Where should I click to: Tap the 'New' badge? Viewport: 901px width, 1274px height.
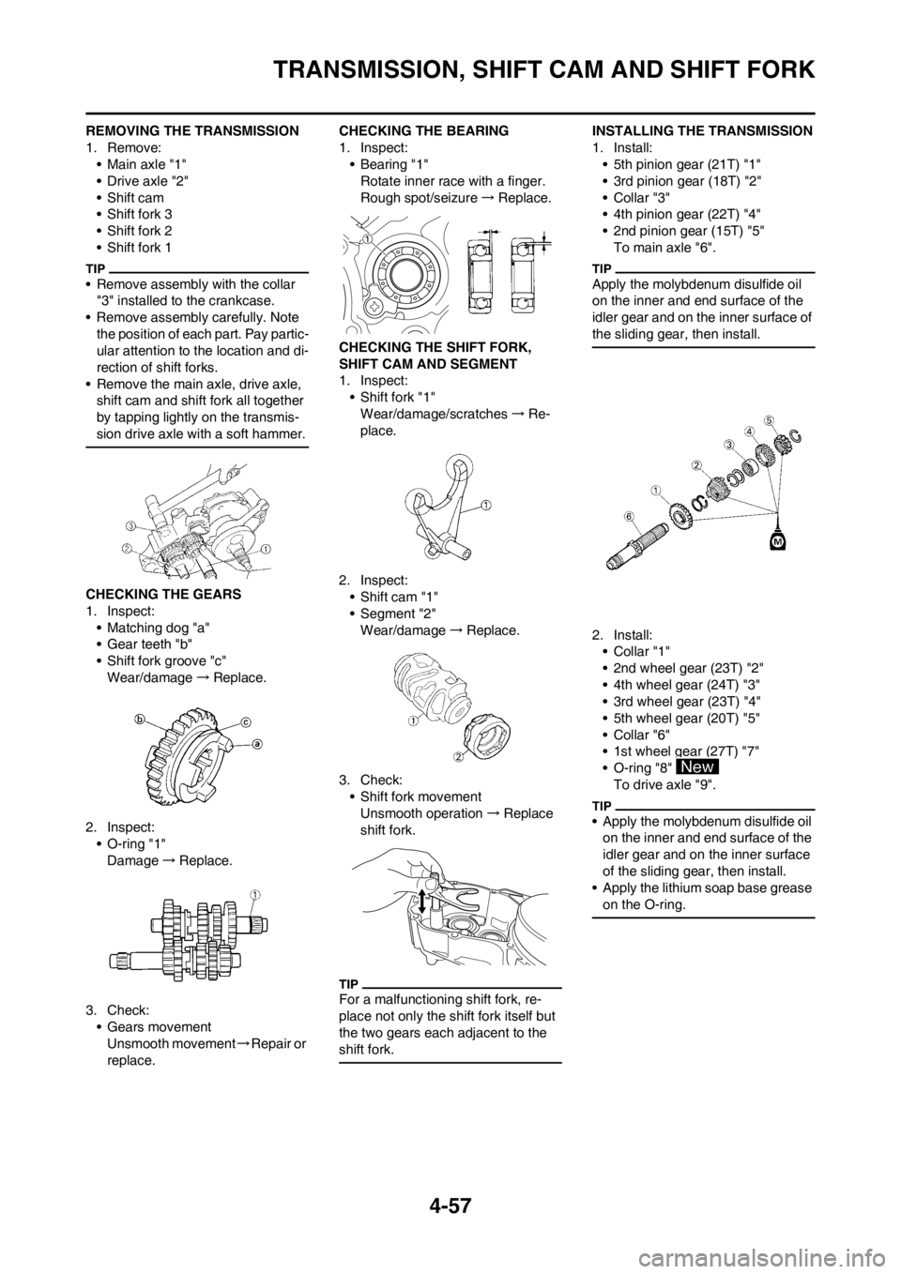697,766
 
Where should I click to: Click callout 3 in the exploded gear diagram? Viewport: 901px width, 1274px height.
727,443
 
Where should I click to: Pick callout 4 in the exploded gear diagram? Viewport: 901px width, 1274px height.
749,431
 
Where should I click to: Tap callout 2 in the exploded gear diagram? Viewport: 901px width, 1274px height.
696,464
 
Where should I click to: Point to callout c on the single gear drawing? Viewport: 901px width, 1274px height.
245,721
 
